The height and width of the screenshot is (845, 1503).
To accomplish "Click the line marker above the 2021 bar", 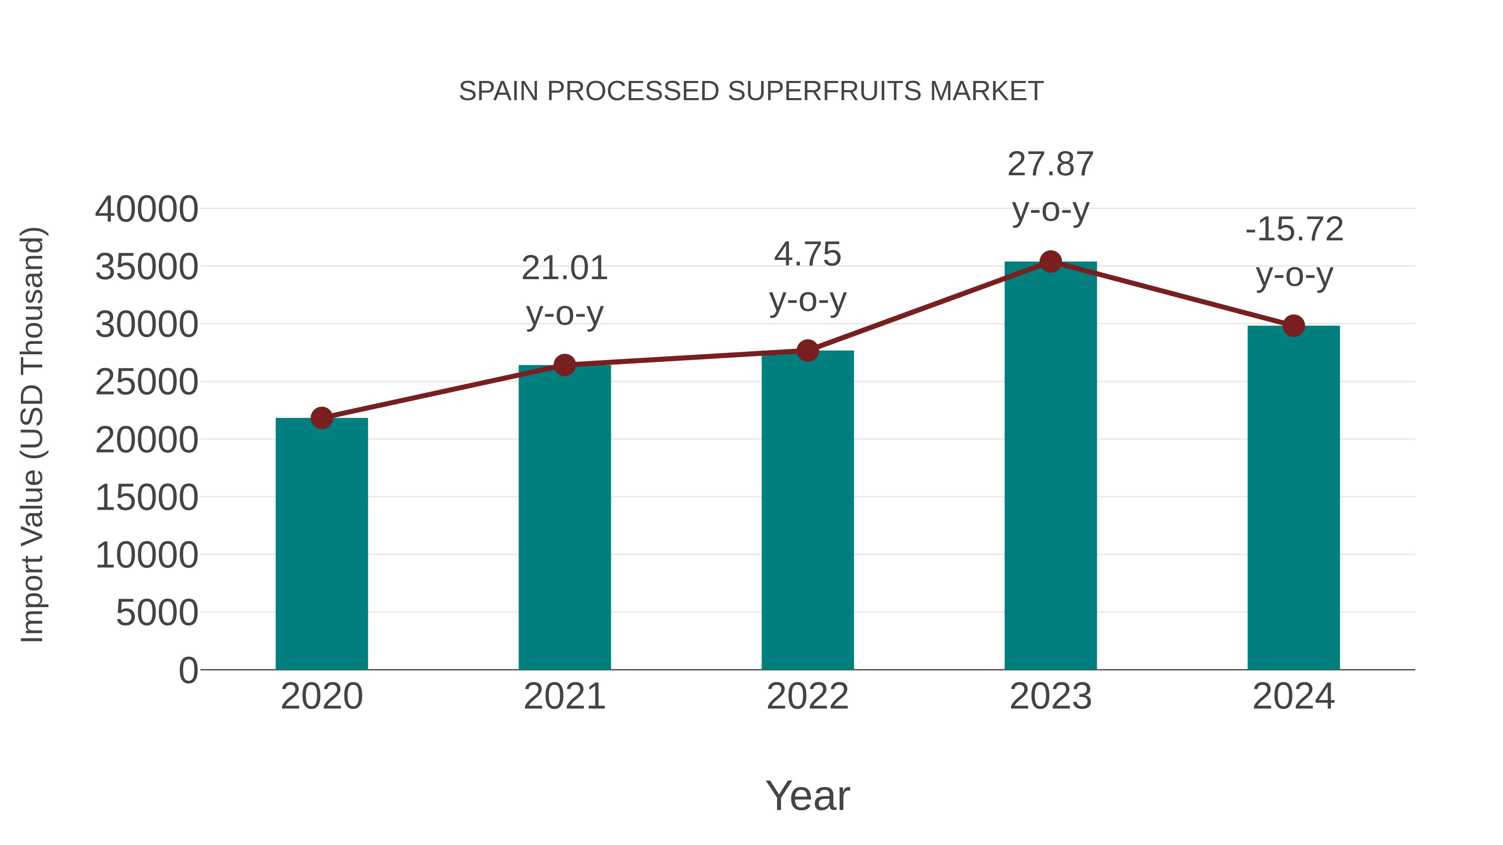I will (x=564, y=365).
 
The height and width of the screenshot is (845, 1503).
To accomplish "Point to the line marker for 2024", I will (x=1293, y=325).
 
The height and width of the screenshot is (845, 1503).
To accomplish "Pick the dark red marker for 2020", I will (x=321, y=418).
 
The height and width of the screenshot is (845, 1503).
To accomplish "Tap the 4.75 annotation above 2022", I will (x=807, y=277).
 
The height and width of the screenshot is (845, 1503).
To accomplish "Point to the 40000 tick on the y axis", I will (x=147, y=209).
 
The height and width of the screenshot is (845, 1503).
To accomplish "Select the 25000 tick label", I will (x=147, y=383).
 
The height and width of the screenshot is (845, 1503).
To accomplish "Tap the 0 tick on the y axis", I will (x=188, y=671).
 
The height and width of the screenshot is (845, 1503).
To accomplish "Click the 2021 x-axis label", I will (x=564, y=696).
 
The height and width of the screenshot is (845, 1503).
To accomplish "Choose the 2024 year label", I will (x=1293, y=696).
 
